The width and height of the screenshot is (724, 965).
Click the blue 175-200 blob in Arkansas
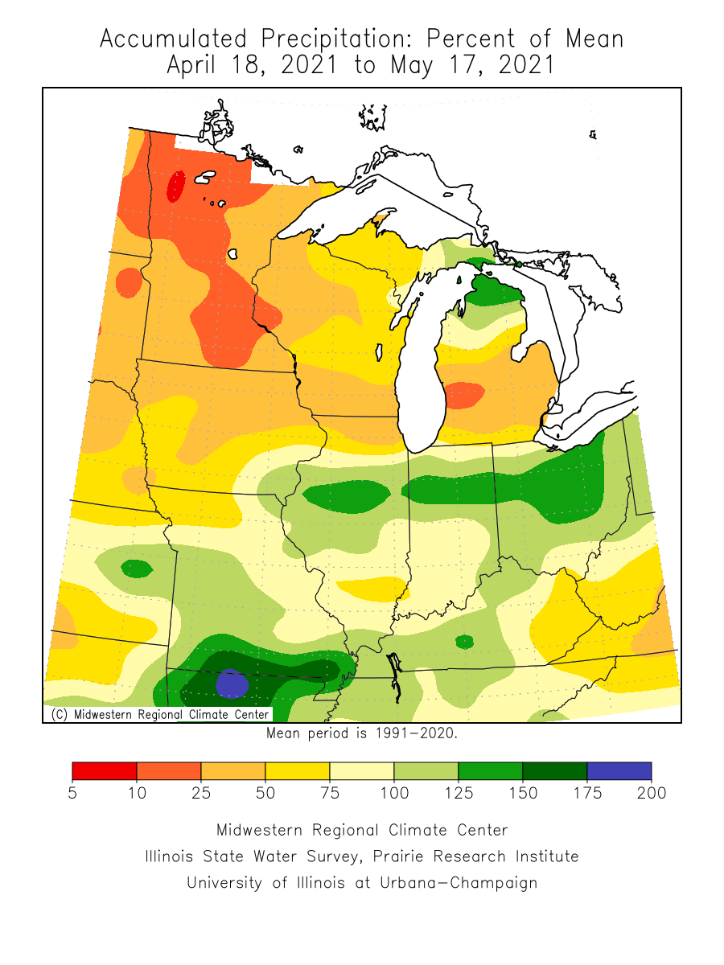232,684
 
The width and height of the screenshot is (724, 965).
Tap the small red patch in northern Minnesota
175,187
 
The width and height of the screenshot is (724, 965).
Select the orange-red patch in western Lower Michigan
463,395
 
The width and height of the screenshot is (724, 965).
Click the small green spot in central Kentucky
464,642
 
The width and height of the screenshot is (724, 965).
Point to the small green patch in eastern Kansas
137,569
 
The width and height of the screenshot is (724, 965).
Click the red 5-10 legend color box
105,770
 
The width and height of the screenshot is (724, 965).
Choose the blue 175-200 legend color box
619,770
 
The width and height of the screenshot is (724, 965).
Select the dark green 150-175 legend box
554,770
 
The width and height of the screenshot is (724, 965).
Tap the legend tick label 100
394,794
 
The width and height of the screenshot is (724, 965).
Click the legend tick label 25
201,794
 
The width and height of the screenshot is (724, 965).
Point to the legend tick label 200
651,794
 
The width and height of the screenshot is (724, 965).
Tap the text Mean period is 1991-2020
362,733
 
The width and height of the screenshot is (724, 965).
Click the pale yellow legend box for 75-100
361,770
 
